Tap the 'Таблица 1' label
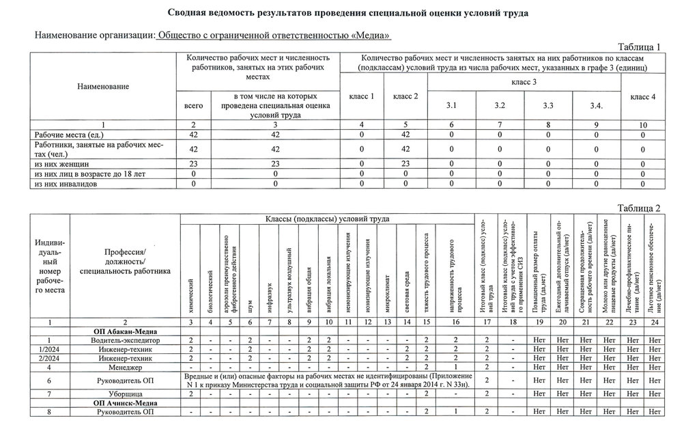coord(639,47)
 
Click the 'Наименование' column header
coord(102,87)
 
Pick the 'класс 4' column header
coord(643,97)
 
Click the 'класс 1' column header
coord(362,97)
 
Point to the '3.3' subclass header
coord(548,106)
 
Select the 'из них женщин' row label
coord(62,164)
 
